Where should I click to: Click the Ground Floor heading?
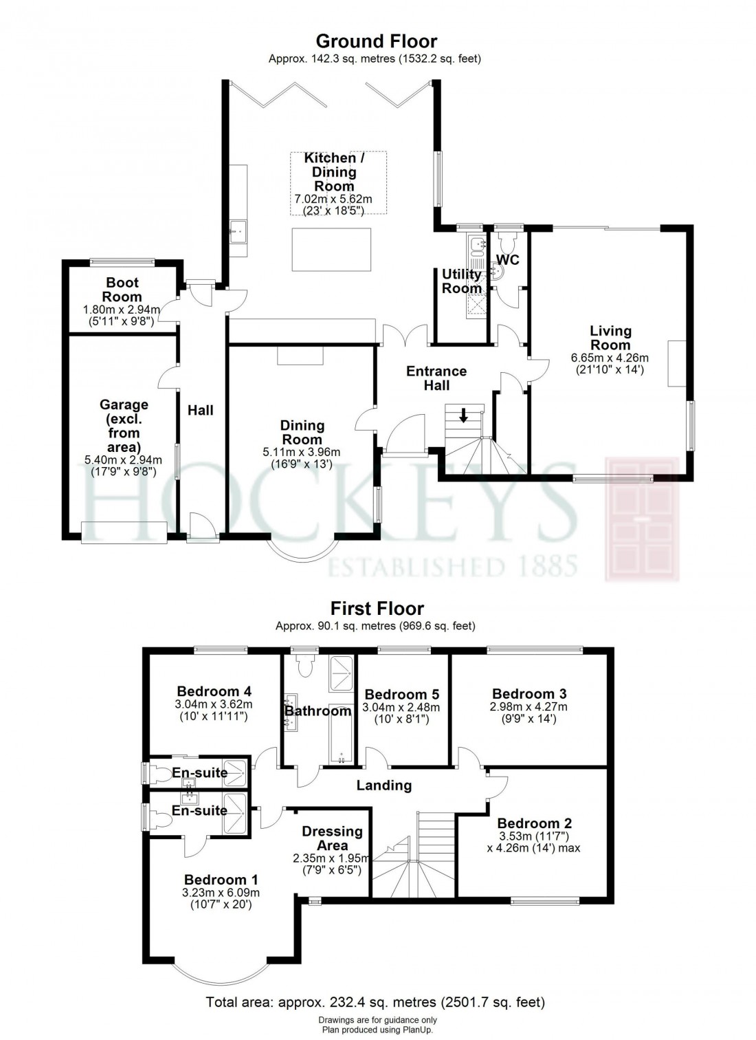point(376,41)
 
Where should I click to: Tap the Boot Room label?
point(122,290)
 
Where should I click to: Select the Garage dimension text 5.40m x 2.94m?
point(123,460)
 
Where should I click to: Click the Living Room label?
point(610,338)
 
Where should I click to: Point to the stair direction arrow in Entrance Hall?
point(464,415)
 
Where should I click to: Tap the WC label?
point(507,260)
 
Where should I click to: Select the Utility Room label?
point(461,281)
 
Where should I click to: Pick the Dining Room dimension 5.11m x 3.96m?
point(302,452)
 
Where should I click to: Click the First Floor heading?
point(377,608)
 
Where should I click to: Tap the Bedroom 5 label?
point(401,694)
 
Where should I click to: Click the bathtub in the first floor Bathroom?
point(341,734)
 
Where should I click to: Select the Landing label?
point(383,785)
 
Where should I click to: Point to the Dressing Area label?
point(332,838)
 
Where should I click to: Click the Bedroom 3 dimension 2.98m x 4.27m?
point(529,706)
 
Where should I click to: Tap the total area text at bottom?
point(375,1002)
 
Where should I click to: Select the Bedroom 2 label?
point(534,823)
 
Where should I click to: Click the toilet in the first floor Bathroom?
point(306,666)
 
